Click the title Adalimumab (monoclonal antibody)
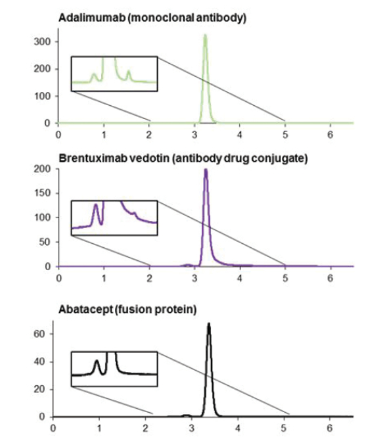(152, 18)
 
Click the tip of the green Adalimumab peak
(206, 35)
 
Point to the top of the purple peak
(206, 170)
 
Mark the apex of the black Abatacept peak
(209, 323)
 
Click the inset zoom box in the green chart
(114, 74)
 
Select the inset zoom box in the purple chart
(114, 218)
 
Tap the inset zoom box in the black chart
(114, 369)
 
